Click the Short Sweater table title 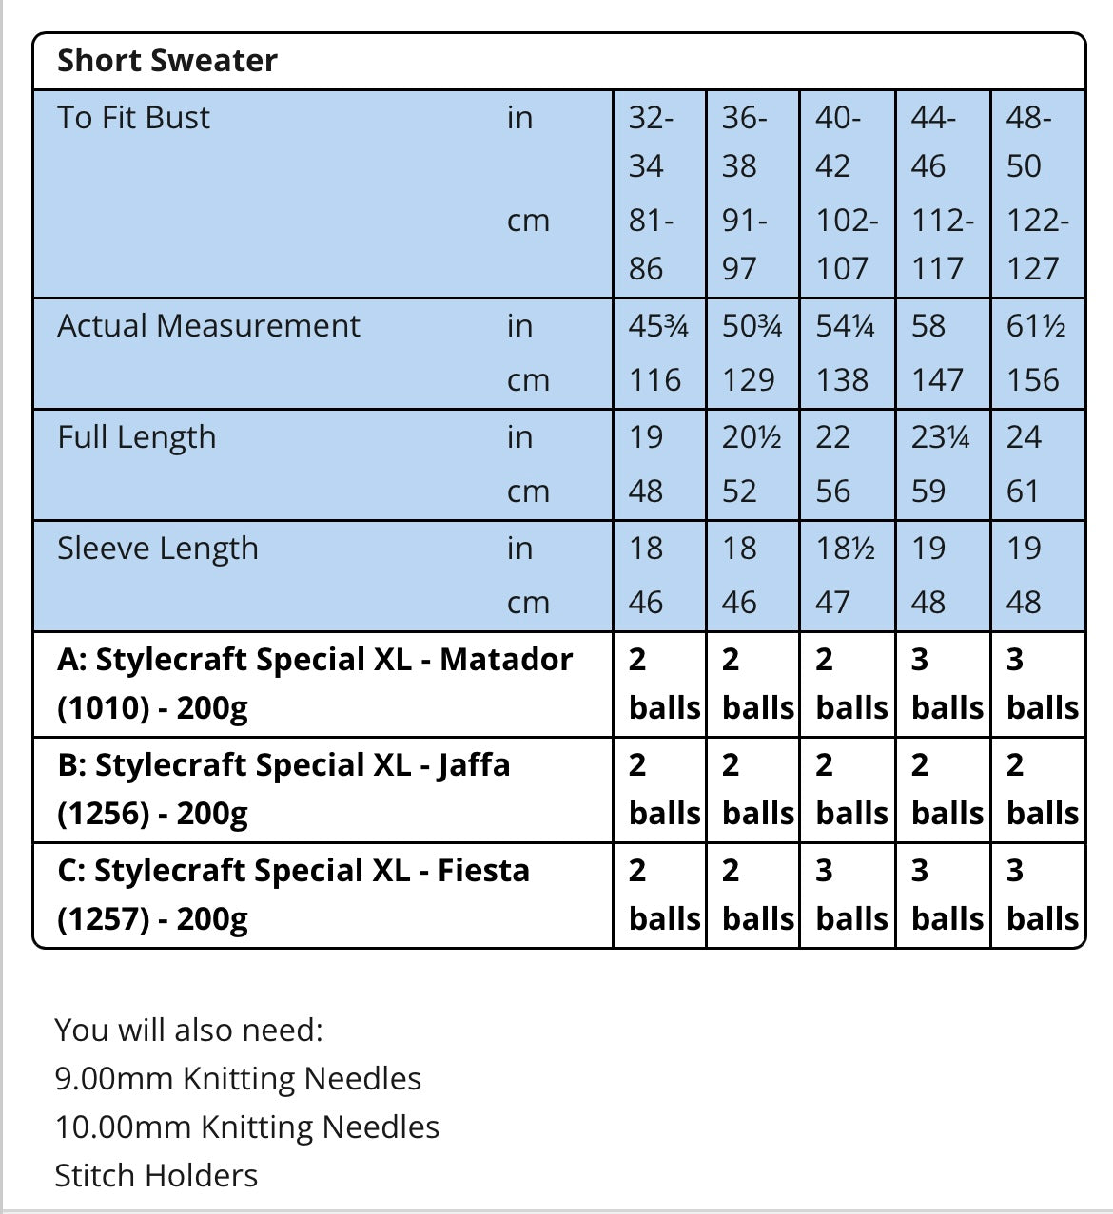[167, 61]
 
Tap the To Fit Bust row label [133, 118]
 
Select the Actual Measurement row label [208, 326]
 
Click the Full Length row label [137, 437]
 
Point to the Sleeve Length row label [158, 549]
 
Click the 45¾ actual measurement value [658, 326]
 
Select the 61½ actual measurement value [1036, 326]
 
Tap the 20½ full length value [752, 437]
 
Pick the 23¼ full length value [941, 437]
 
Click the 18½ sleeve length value [846, 549]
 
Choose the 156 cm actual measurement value [1033, 380]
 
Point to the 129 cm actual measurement [749, 380]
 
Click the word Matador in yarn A [506, 660]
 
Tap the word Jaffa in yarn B [474, 765]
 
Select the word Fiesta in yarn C [483, 871]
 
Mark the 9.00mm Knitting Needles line [238, 1079]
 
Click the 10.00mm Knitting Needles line [247, 1127]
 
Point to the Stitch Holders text [156, 1176]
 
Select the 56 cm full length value [833, 491]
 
